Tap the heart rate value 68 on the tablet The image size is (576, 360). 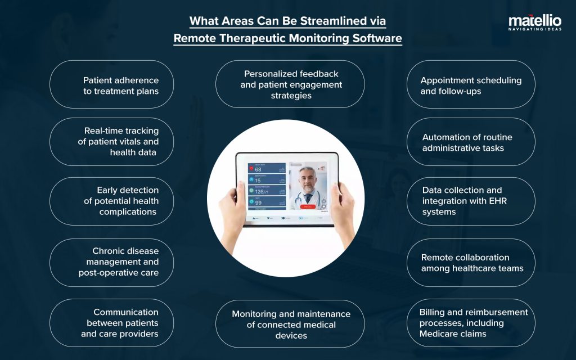(x=258, y=169)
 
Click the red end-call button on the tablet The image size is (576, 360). (x=307, y=206)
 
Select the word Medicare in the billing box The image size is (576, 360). (x=439, y=334)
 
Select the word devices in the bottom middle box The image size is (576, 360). (x=291, y=335)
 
